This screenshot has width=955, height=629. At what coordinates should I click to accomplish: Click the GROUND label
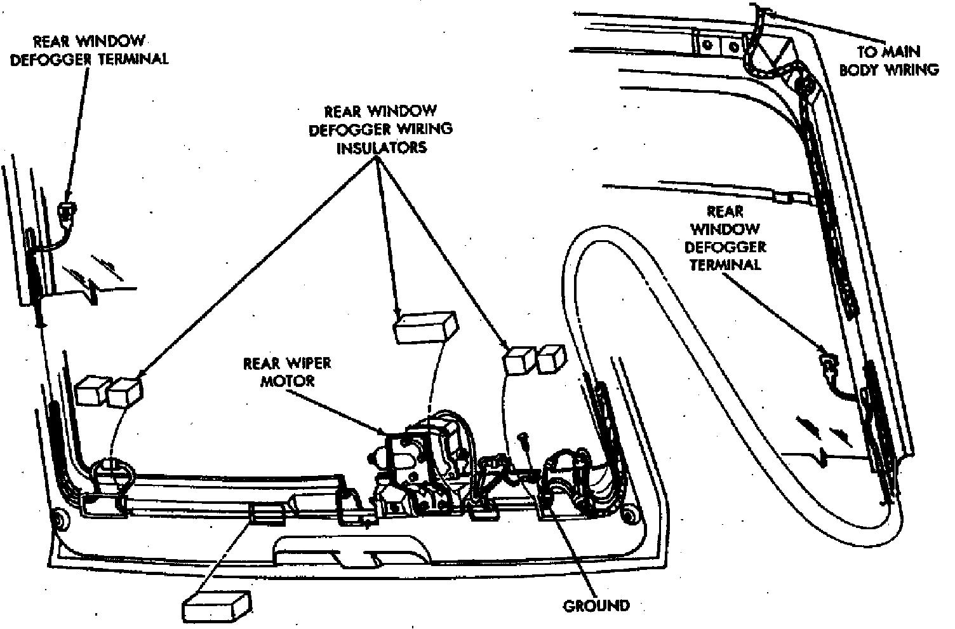coord(596,605)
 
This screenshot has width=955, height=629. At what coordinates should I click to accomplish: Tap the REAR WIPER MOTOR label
coord(287,372)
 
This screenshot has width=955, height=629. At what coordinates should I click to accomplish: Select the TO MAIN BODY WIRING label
coord(889,60)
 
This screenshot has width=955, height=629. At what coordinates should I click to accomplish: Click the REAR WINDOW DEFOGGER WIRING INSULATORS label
coord(380,130)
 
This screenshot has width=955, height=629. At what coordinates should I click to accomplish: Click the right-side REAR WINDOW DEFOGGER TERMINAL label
coord(725,238)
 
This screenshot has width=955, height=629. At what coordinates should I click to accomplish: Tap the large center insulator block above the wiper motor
coord(425,328)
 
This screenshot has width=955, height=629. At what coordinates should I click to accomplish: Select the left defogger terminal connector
coord(65,209)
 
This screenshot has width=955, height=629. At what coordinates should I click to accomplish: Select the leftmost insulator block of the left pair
coord(93,392)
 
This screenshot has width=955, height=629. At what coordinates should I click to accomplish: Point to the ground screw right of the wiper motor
coord(524,438)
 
